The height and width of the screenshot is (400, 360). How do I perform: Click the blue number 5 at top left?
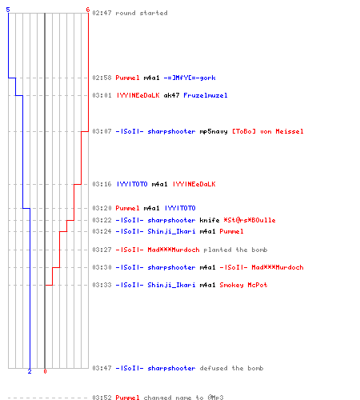[x=8, y=10]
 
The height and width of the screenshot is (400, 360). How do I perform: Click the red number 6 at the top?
[x=88, y=10]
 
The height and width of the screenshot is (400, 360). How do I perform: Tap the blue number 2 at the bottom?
[x=30, y=371]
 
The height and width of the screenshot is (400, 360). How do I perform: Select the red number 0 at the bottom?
[x=45, y=371]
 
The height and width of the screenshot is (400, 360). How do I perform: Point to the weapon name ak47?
[x=171, y=95]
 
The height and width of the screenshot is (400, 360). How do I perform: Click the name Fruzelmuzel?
[x=206, y=95]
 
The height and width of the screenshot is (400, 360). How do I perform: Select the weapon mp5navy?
[x=214, y=131]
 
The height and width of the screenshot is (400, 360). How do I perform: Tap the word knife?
[x=210, y=220]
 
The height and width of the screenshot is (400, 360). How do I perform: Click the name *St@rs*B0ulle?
[x=250, y=220]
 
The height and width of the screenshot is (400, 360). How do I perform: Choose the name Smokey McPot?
[x=243, y=285]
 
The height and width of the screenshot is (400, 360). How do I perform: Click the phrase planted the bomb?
[x=235, y=250]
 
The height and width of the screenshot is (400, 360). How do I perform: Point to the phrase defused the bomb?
[x=231, y=368]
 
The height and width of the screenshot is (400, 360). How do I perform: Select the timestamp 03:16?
[x=102, y=184]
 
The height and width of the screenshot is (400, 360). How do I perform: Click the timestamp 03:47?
[x=102, y=368]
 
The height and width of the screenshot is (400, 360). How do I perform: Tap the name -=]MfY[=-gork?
[x=190, y=78]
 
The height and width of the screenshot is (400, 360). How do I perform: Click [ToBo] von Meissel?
[x=268, y=131]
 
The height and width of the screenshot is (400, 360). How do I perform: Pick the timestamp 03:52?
[x=102, y=398]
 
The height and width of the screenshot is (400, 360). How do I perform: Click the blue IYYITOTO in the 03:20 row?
[x=180, y=208]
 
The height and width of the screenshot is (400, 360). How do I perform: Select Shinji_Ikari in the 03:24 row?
[x=171, y=231]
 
